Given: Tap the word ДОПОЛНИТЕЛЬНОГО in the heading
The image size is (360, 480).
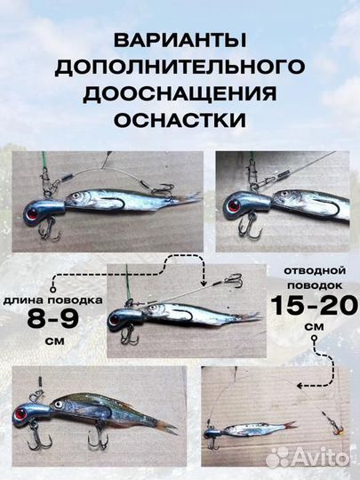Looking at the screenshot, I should point(180,68).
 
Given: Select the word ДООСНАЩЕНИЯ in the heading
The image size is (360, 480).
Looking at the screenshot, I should point(180,93).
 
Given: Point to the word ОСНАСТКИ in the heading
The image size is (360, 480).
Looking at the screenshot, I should point(180,118).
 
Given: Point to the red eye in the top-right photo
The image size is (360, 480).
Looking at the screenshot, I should point(234,204).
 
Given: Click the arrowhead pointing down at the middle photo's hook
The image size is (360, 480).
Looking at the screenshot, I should point(203,284).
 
